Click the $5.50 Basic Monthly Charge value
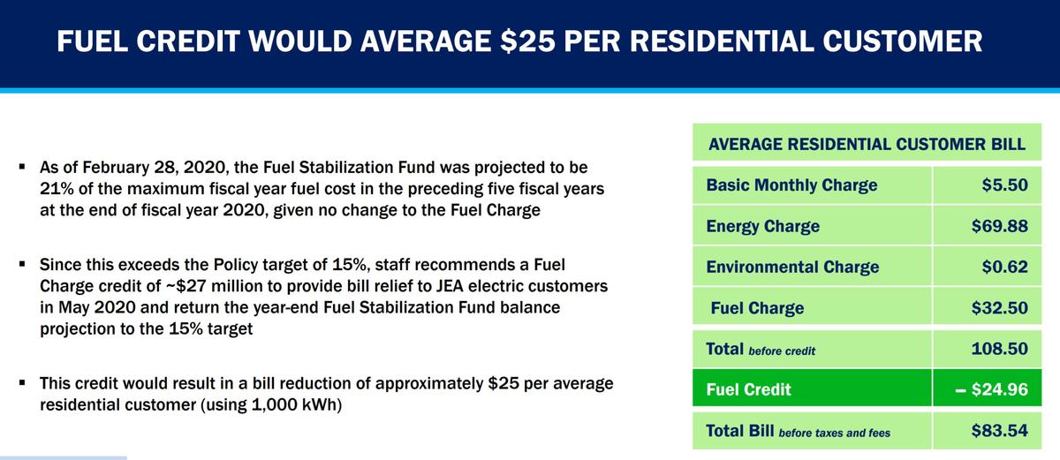(1004, 185)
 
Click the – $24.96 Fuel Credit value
(991, 389)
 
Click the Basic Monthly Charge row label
(791, 185)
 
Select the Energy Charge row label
(762, 226)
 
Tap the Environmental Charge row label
(792, 267)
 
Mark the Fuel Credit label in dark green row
(748, 389)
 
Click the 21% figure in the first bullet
(56, 189)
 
